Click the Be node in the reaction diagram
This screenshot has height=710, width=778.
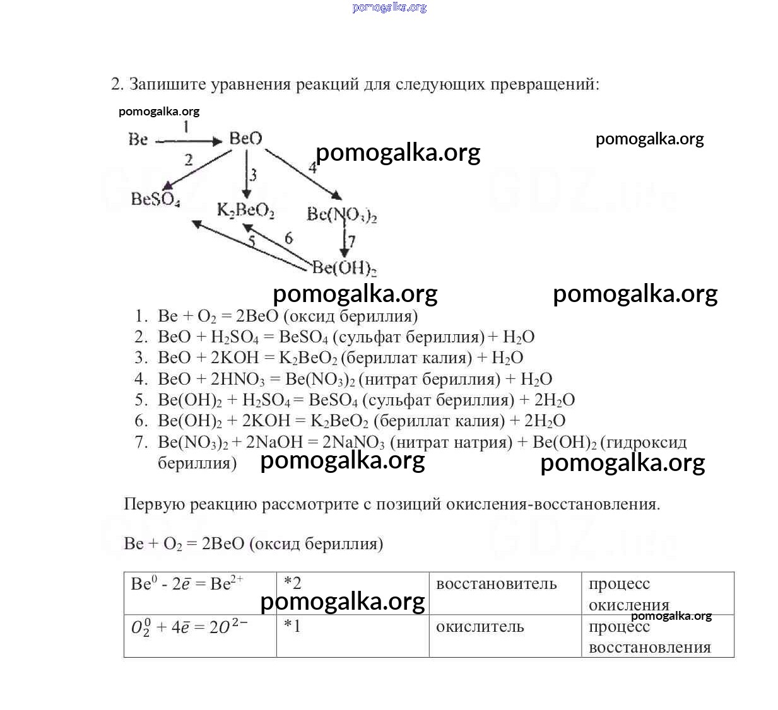(x=138, y=139)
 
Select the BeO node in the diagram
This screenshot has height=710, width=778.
(x=245, y=138)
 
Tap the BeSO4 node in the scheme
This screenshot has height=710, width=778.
(x=155, y=199)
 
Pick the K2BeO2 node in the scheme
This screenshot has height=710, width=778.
(x=245, y=210)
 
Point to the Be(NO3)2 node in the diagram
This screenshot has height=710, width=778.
(x=341, y=214)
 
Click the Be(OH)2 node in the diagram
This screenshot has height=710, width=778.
(x=344, y=268)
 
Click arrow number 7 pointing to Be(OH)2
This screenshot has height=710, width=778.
(x=345, y=242)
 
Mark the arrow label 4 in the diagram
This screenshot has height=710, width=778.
(x=312, y=167)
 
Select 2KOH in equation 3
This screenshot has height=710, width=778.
(x=234, y=358)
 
